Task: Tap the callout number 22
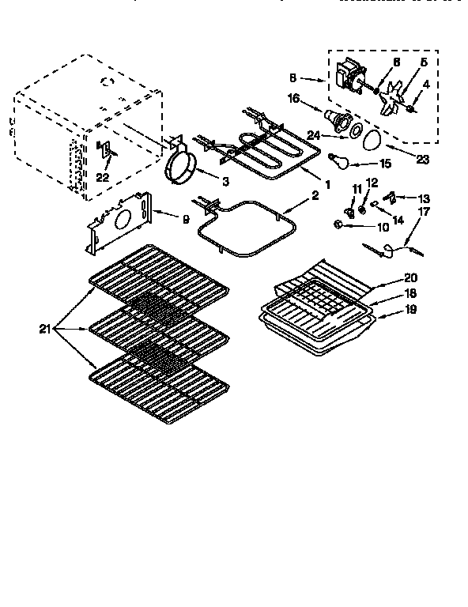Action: click(102, 177)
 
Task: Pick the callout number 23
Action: click(422, 158)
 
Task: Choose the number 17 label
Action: click(424, 211)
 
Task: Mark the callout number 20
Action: click(409, 277)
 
